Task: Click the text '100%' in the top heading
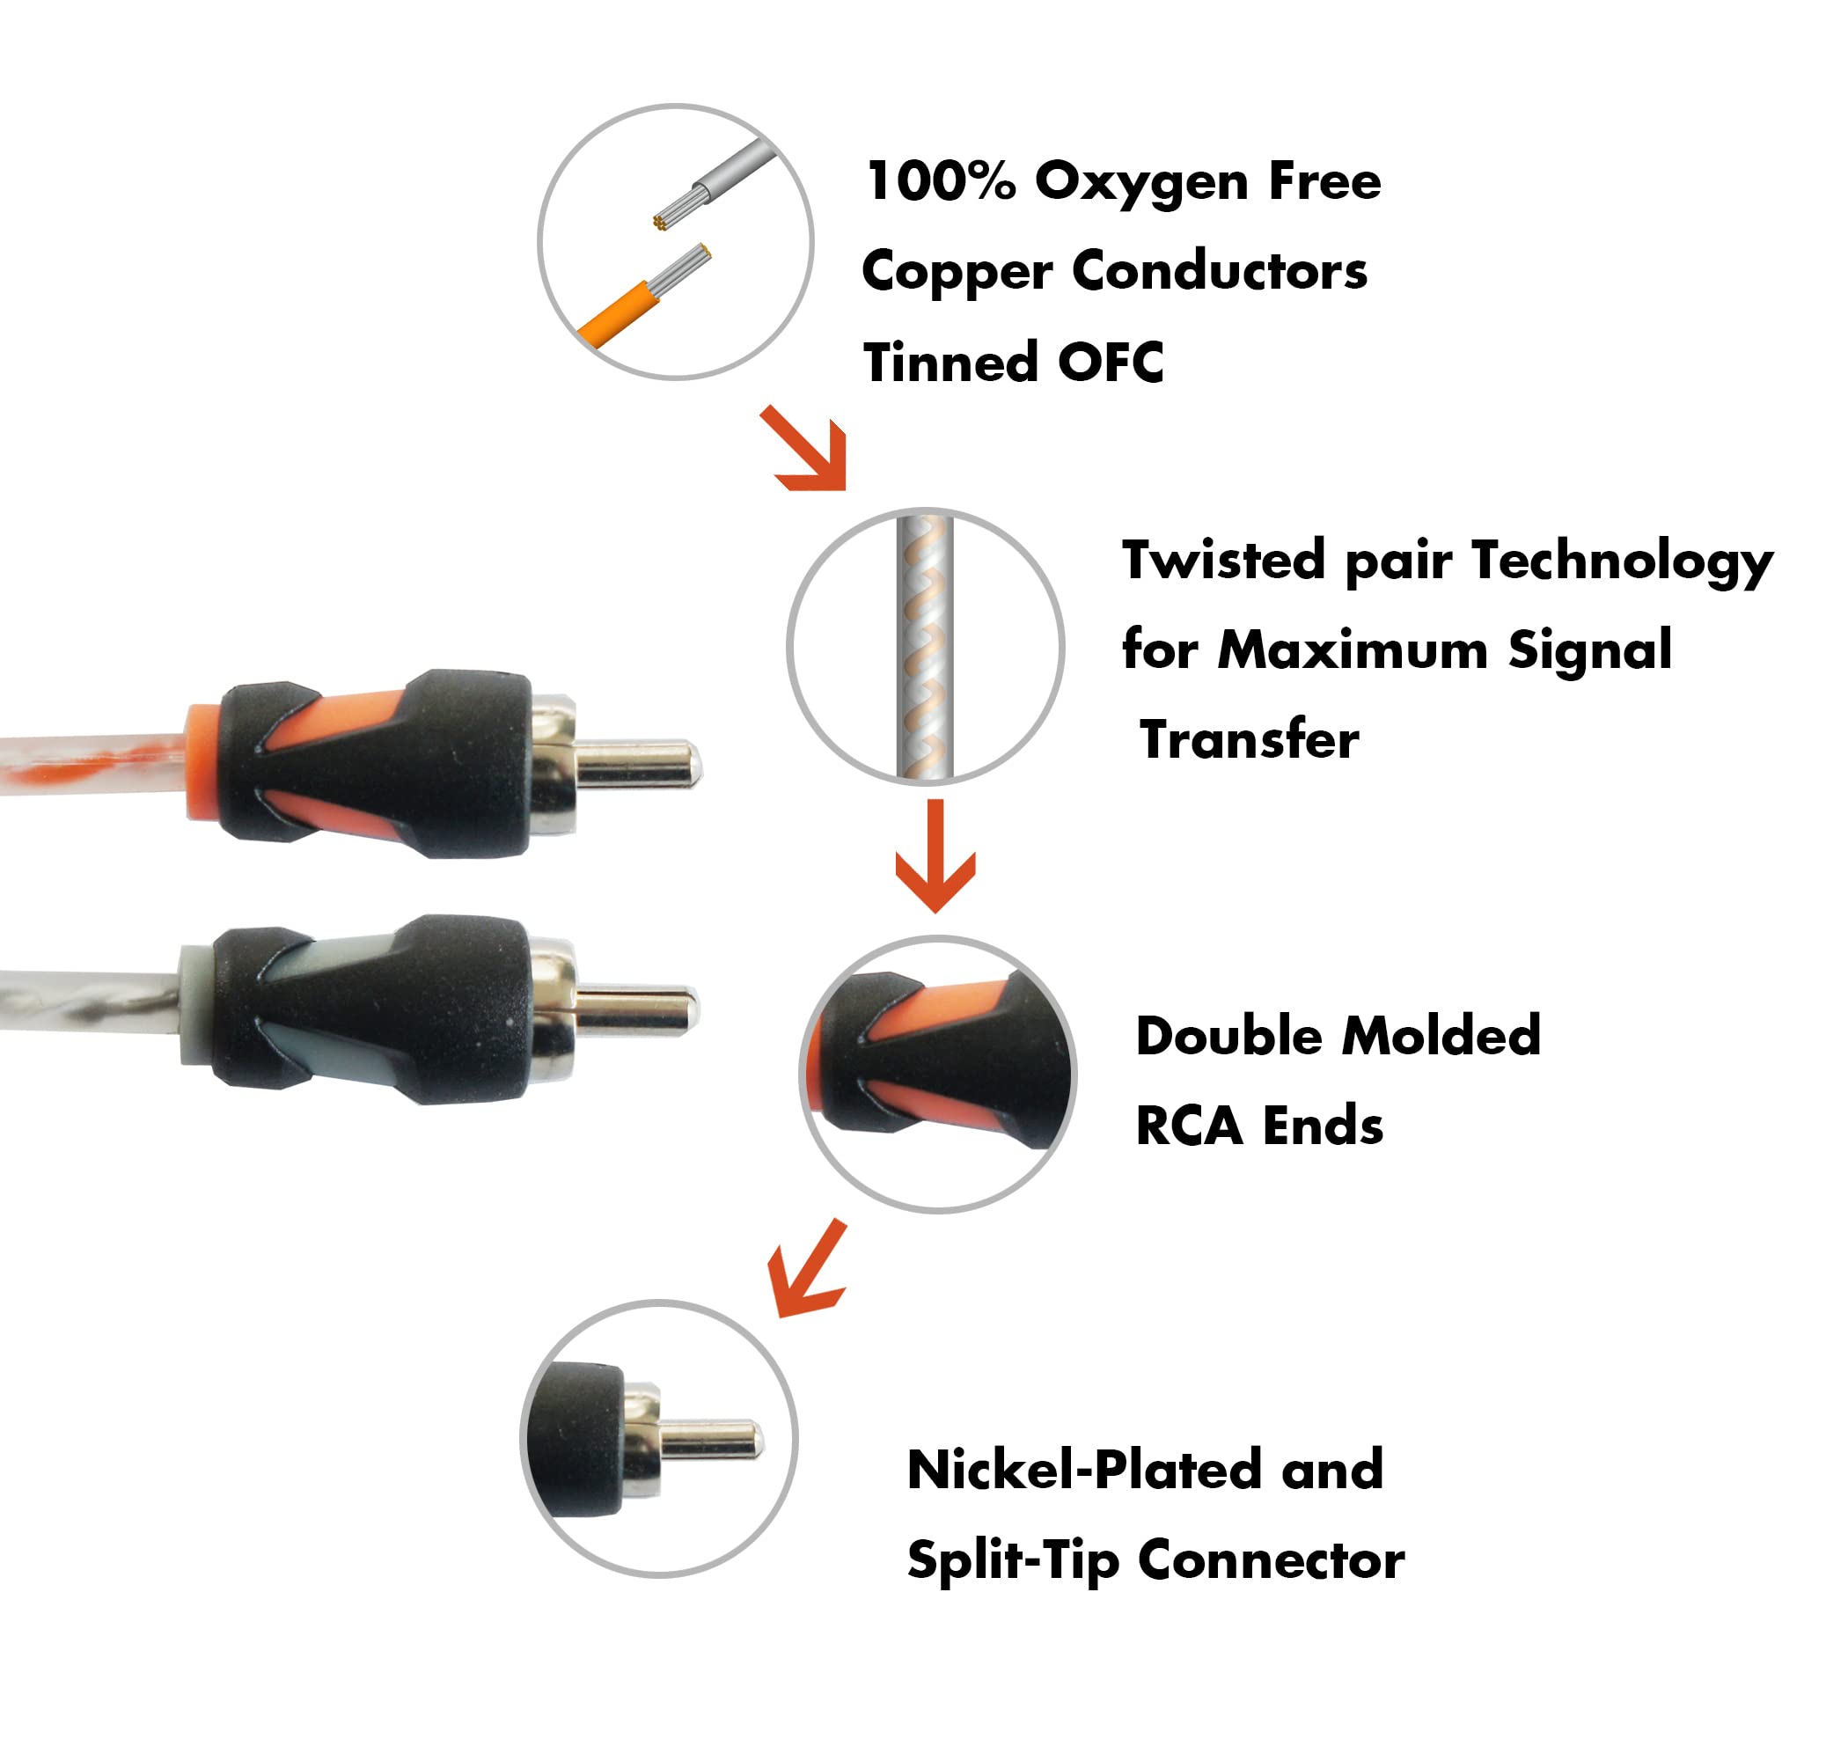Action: [x=939, y=181]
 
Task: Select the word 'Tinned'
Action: [x=948, y=363]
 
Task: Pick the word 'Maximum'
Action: [x=1353, y=649]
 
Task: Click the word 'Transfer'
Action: [x=1250, y=740]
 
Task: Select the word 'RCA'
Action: [x=1188, y=1126]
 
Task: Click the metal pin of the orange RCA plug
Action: [x=638, y=763]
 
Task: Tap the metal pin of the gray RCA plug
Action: [x=636, y=1011]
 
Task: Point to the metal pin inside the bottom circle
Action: [x=711, y=1442]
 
